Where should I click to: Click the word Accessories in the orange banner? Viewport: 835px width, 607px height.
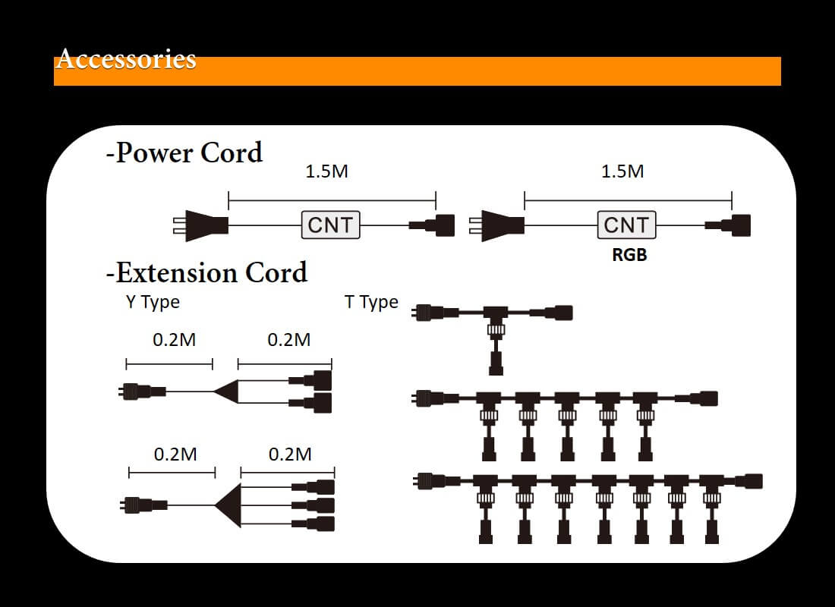(126, 58)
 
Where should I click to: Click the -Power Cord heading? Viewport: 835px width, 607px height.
(184, 153)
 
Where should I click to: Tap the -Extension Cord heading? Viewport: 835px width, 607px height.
(206, 272)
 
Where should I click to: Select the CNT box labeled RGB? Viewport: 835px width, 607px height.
(626, 225)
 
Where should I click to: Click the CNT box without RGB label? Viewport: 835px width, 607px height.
(331, 225)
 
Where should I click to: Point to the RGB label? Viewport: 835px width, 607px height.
(629, 254)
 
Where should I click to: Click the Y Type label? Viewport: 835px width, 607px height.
(153, 302)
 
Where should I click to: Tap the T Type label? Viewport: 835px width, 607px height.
(371, 302)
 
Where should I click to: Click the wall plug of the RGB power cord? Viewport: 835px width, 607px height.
(497, 226)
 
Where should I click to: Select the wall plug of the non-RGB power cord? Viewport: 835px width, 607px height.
(200, 226)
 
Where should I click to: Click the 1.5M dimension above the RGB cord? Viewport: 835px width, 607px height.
(622, 171)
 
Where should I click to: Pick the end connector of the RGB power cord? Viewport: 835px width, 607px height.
(728, 225)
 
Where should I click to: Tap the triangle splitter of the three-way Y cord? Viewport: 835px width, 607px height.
(228, 505)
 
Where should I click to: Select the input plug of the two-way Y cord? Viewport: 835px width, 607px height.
(142, 392)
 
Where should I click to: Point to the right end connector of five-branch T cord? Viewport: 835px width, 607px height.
(697, 398)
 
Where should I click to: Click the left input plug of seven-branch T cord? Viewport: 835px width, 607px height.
(436, 481)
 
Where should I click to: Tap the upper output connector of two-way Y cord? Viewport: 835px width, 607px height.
(310, 380)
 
